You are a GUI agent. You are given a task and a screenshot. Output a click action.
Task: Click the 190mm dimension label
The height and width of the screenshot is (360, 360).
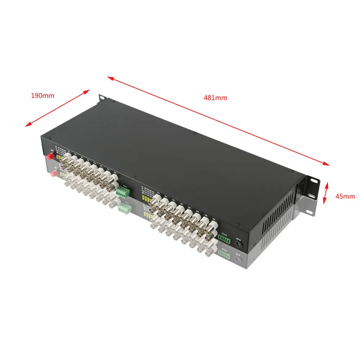coord(42,96)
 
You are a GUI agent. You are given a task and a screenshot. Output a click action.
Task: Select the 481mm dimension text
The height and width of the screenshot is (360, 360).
coord(216,98)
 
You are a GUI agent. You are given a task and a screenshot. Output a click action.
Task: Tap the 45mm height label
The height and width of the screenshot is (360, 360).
coord(345,196)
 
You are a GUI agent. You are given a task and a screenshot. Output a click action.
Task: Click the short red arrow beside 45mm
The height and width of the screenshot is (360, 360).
coord(326,193)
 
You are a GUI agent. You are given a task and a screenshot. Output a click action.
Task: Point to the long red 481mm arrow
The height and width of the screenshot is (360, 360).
coord(218,121)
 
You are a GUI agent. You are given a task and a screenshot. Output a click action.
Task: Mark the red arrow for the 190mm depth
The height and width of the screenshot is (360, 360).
coord(57,108)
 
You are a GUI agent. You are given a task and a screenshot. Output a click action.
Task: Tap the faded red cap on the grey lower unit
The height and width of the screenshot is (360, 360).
coord(54,174)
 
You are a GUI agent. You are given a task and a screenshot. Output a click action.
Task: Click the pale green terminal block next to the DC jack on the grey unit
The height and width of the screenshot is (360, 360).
coord(224,255)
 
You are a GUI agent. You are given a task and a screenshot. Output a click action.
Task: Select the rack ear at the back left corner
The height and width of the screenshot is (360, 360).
coord(102,98)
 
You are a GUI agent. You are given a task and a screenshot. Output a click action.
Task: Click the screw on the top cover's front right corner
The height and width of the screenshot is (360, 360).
coord(238,226)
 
